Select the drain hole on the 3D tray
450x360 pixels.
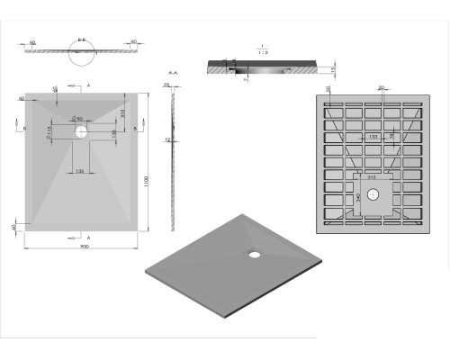pyautogui.click(x=256, y=253)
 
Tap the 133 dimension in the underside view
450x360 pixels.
pyautogui.click(x=372, y=137)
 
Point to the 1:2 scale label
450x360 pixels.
pyautogui.click(x=261, y=52)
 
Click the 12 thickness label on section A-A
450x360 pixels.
pyautogui.click(x=168, y=139)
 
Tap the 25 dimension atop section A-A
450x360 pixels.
pyautogui.click(x=166, y=84)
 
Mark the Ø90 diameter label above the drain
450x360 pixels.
pyautogui.click(x=77, y=119)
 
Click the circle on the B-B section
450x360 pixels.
pyautogui.click(x=82, y=57)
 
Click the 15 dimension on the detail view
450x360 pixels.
pyautogui.click(x=332, y=68)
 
